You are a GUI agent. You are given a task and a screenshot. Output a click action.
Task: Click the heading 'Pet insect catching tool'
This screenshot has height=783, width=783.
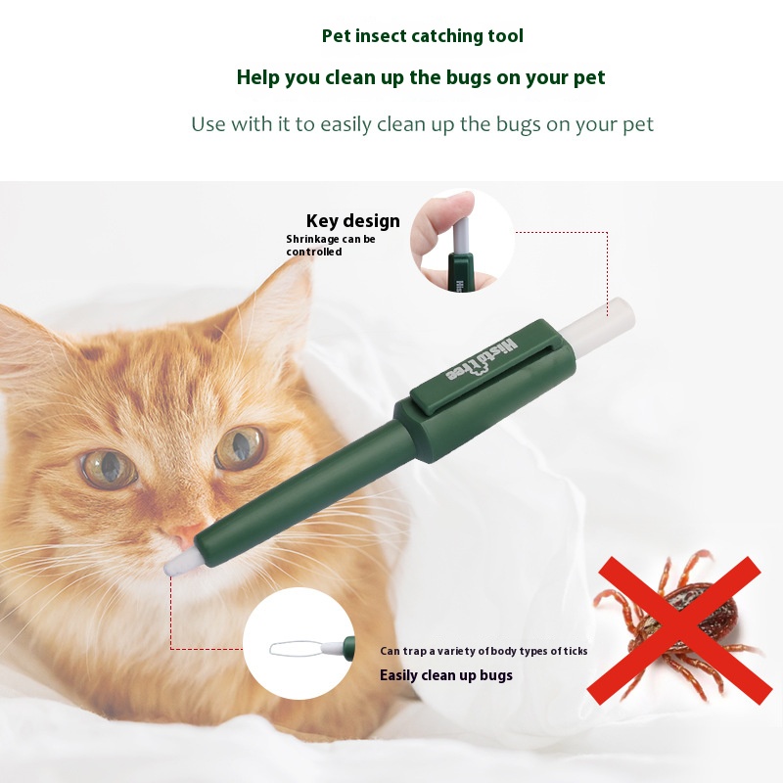pyautogui.click(x=423, y=36)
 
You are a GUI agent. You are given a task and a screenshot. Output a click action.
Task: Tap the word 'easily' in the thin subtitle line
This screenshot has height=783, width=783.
pyautogui.click(x=345, y=125)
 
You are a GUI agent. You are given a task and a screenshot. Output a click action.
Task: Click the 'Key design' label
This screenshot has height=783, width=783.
pyautogui.click(x=353, y=221)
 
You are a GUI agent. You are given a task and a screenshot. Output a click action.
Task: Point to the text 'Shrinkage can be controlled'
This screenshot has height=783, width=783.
pyautogui.click(x=331, y=246)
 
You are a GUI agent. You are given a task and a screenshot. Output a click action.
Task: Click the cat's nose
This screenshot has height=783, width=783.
pyautogui.click(x=188, y=535)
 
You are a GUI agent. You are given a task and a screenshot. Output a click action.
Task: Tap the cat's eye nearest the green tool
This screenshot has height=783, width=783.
pyautogui.click(x=239, y=447)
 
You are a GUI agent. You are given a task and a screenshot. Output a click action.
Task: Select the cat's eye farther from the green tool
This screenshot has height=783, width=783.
pyautogui.click(x=109, y=469)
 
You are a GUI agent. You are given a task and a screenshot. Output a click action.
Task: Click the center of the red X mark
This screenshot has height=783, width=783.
pyautogui.click(x=679, y=630)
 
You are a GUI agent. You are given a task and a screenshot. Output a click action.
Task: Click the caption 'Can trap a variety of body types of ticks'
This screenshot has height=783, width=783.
pyautogui.click(x=484, y=651)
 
